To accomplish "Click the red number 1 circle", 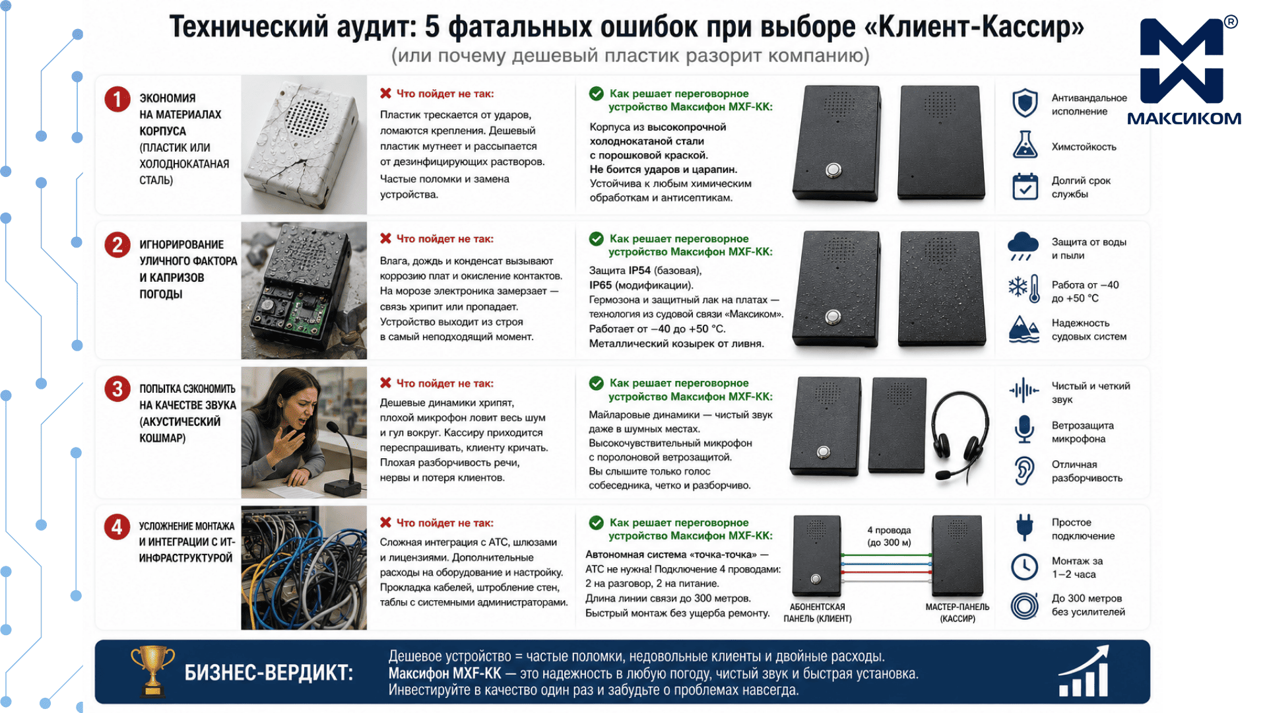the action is (117, 99).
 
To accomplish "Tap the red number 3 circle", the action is (117, 389).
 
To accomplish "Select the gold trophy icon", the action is (152, 671).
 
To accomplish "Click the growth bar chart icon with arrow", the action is (1084, 671).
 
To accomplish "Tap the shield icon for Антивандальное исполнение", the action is (1025, 104).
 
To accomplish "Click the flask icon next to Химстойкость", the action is (1025, 145).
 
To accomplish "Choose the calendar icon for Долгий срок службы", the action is (1025, 186).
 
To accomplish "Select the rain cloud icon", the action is (1023, 246).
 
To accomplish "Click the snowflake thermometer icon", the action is (1024, 289).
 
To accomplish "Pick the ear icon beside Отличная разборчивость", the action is (1024, 471).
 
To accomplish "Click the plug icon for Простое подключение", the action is (1024, 527).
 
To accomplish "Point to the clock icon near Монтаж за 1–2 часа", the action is (1024, 566).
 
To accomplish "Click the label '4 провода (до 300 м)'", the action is (889, 536).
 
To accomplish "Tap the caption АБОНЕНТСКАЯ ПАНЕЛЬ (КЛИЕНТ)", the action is (817, 613).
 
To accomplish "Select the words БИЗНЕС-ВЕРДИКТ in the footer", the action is (269, 673).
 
